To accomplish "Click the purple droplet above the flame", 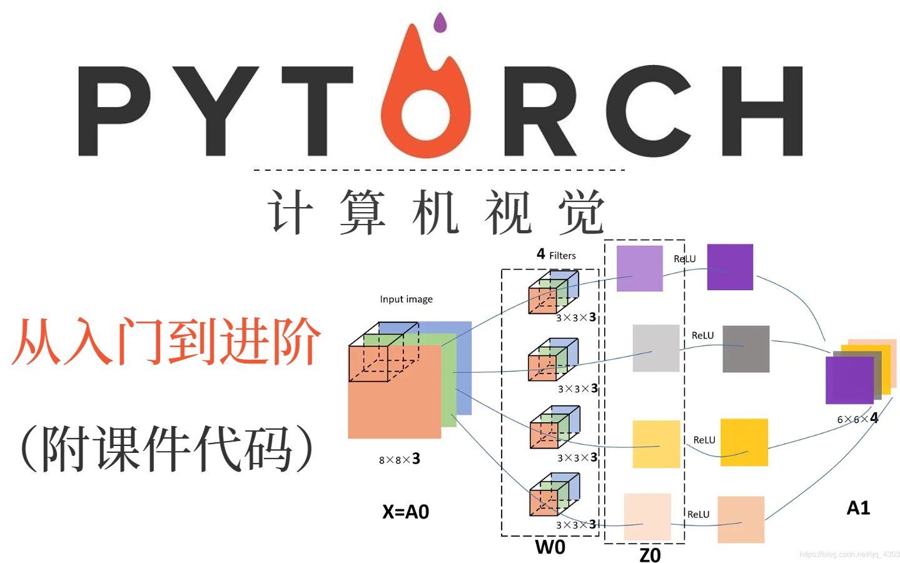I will click(440, 23).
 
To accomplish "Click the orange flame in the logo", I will click(425, 106).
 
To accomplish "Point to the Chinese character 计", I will click(290, 213).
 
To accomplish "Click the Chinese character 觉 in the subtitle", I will click(582, 213).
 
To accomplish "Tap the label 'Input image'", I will click(406, 299).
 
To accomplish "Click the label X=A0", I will click(405, 512).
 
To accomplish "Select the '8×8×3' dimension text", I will click(399, 459).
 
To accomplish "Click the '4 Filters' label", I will click(556, 255).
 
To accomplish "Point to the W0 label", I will click(550, 547).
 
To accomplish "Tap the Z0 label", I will click(650, 555).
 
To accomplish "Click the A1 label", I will click(858, 508).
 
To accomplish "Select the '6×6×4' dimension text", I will click(857, 418).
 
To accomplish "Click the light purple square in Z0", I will click(639, 268).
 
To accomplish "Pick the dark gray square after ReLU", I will click(746, 349).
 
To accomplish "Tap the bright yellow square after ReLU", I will click(744, 442).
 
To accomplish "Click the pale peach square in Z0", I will click(647, 517).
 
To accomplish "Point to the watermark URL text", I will click(849, 554).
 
